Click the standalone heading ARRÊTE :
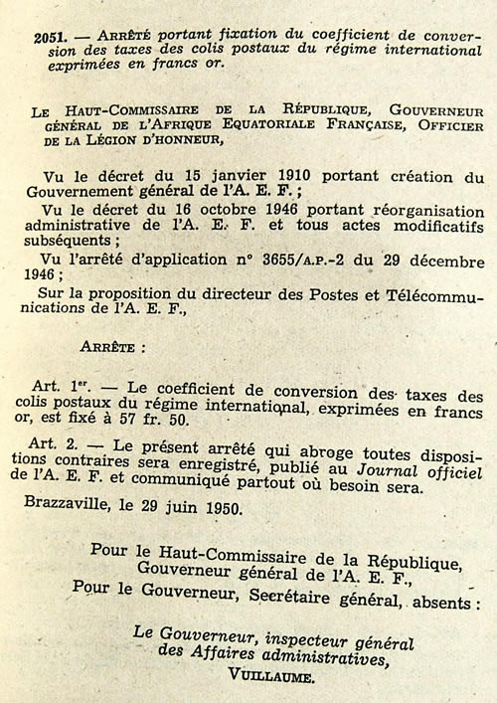point(112,349)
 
